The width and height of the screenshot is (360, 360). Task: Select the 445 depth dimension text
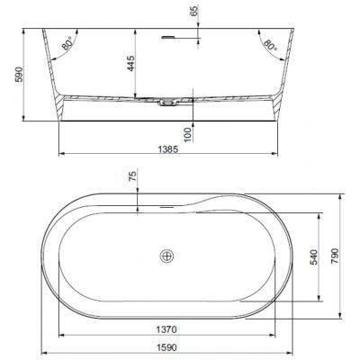[131, 64]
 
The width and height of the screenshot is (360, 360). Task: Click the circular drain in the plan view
[165, 256]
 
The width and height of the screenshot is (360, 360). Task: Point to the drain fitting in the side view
[167, 103]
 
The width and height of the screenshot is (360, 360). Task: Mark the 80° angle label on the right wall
[267, 43]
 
